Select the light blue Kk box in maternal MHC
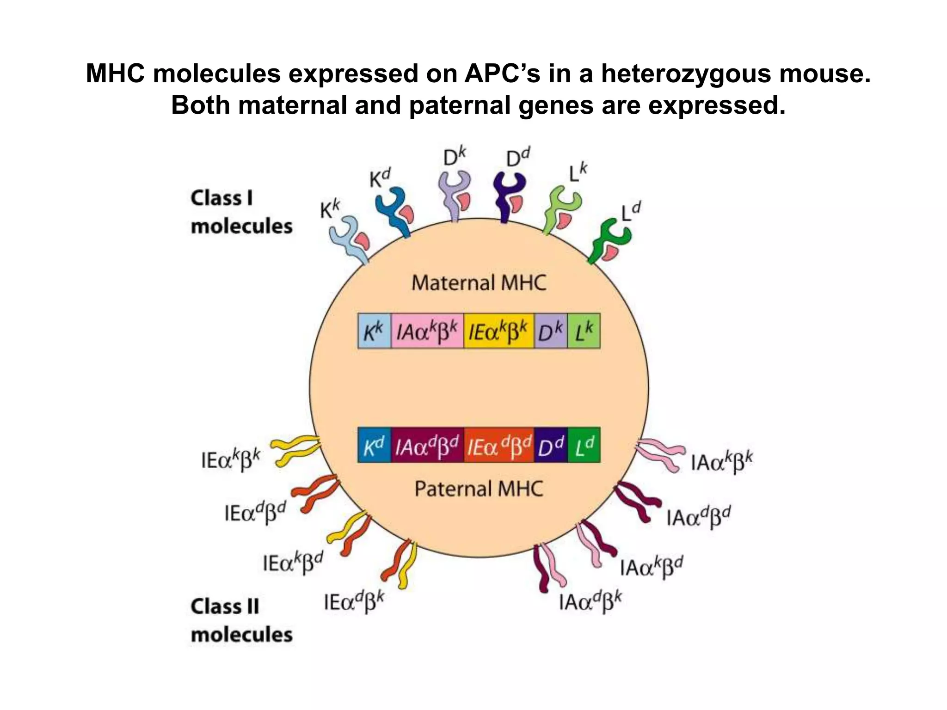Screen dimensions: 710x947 [374, 331]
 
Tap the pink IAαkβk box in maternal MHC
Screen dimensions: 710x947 [427, 331]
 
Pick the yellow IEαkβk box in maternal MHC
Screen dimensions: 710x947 [498, 331]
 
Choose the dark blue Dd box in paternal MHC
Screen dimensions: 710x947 [551, 445]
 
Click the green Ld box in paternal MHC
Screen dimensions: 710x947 [584, 445]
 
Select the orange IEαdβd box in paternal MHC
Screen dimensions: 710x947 [499, 445]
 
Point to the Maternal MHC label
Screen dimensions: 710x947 [479, 283]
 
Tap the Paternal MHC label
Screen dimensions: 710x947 [479, 489]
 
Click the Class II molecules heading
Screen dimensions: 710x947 [241, 620]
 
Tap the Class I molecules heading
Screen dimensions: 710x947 [241, 212]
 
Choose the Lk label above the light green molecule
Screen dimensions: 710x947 [577, 173]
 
